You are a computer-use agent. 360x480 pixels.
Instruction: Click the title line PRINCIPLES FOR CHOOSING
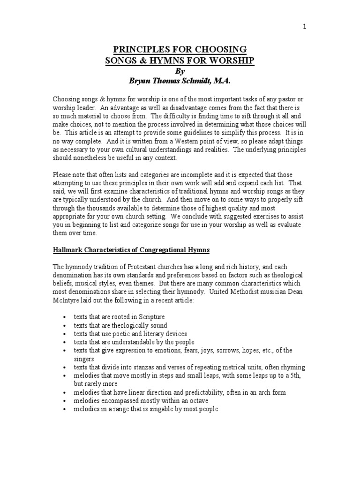(180, 50)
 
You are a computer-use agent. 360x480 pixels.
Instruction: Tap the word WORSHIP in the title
(230, 61)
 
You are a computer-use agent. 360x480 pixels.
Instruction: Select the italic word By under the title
(180, 71)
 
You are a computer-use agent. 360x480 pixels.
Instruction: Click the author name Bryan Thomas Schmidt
(169, 81)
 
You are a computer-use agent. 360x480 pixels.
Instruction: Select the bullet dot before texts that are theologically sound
(64, 326)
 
